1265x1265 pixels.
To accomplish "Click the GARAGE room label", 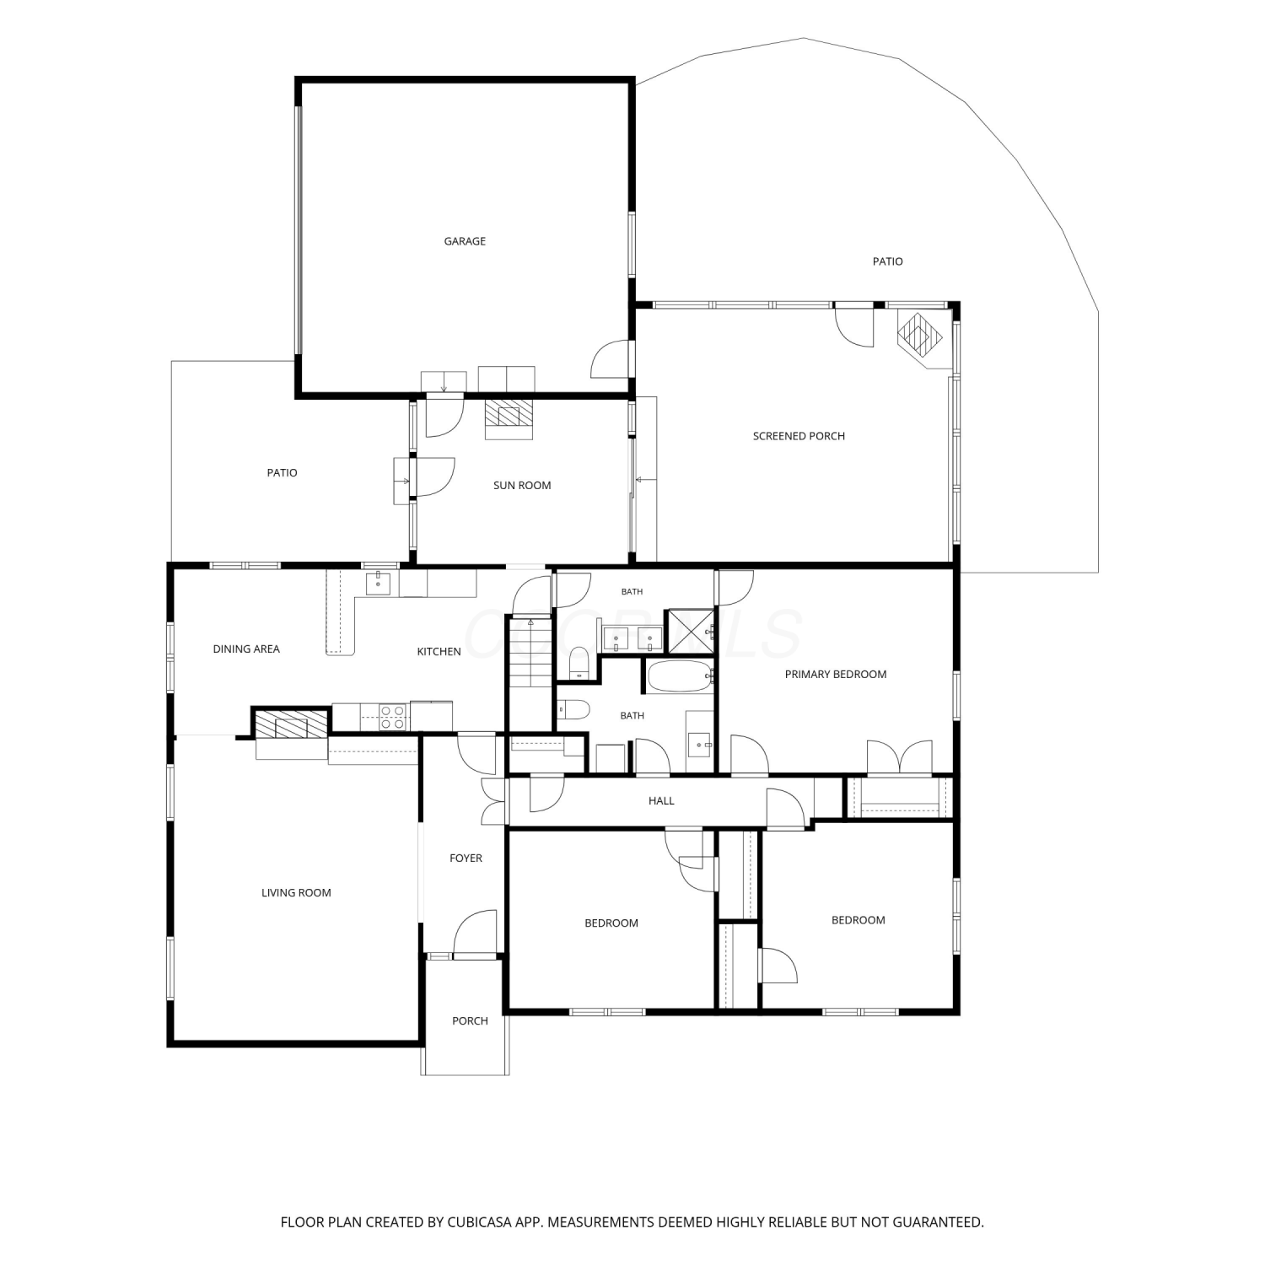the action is click(465, 241).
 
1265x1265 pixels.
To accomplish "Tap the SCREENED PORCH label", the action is click(799, 436).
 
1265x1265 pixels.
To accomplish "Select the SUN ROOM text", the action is click(522, 485).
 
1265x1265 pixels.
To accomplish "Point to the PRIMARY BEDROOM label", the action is click(836, 674).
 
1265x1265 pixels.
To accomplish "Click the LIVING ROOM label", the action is click(296, 892).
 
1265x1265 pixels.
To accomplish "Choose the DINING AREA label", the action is click(246, 649).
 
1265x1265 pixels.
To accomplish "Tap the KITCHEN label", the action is click(439, 651).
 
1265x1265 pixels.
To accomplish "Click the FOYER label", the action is click(466, 858).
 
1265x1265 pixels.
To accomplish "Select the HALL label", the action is click(661, 800).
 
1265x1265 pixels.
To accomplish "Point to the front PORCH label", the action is click(470, 1020).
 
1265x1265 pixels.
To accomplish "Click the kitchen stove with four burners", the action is click(392, 717).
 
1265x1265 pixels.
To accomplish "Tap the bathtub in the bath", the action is click(679, 676).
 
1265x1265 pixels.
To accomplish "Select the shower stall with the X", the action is click(689, 632).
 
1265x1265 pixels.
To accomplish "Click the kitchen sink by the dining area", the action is click(378, 583).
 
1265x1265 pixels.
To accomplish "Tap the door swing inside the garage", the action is click(610, 358).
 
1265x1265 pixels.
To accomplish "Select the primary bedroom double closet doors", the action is click(900, 756).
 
